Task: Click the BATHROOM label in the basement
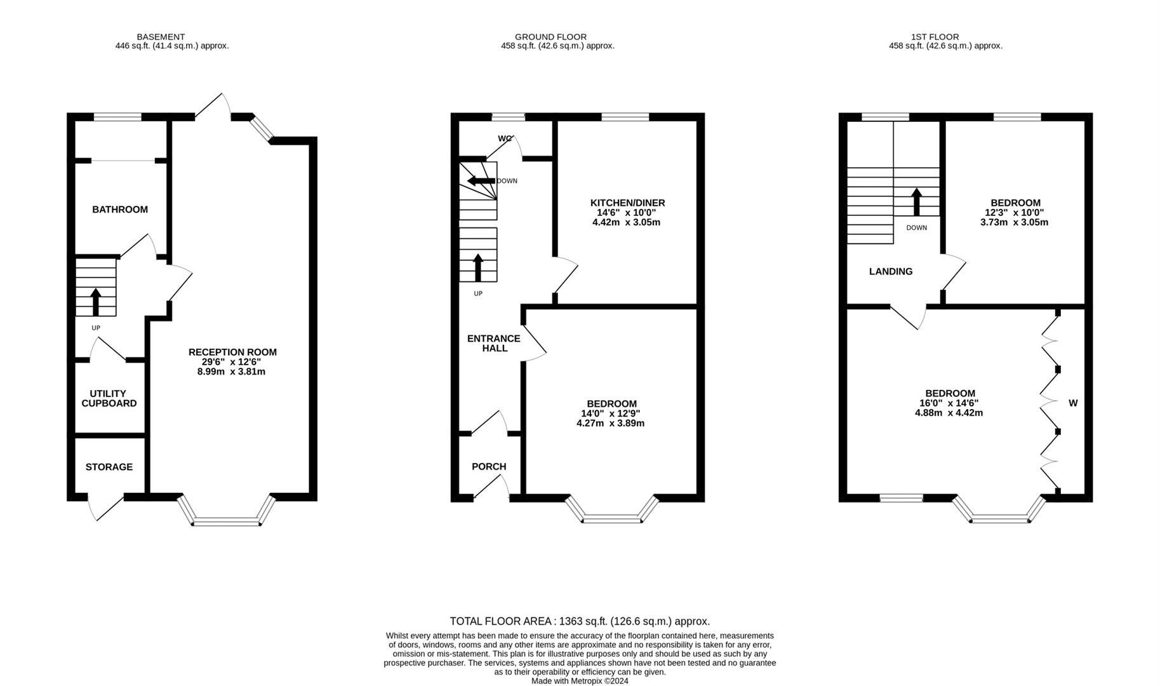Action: tap(120, 210)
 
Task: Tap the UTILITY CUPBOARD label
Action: tap(109, 398)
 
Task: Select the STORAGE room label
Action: tap(109, 467)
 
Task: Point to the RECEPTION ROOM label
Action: tap(232, 352)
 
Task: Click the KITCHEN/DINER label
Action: tap(627, 203)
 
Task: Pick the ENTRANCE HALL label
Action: tap(494, 343)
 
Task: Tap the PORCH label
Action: tap(489, 467)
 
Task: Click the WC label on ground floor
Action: tap(505, 138)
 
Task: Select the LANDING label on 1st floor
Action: tap(891, 271)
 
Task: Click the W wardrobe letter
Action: tap(1073, 403)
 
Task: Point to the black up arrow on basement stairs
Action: tap(96, 302)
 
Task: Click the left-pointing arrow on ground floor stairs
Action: tap(481, 181)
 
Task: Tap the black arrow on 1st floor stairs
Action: tap(917, 201)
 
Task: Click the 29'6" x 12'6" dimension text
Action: tap(232, 361)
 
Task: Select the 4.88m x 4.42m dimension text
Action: tap(949, 413)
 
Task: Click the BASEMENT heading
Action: tap(161, 37)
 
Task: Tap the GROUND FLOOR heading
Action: tap(550, 37)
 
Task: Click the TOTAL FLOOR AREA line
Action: tap(580, 622)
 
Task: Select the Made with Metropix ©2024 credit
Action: tap(580, 681)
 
